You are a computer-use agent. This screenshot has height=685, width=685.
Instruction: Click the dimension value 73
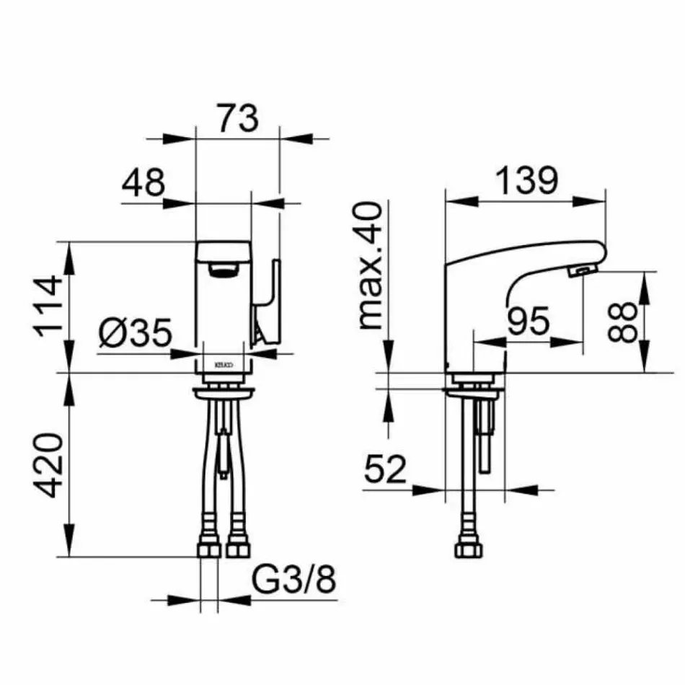(237, 118)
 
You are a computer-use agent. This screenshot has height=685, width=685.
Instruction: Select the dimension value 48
(143, 184)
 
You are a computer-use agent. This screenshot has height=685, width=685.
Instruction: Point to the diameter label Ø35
(136, 333)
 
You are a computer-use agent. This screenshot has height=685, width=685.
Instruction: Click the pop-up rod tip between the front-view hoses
(225, 473)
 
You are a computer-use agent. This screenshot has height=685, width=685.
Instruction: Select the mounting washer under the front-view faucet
(224, 392)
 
